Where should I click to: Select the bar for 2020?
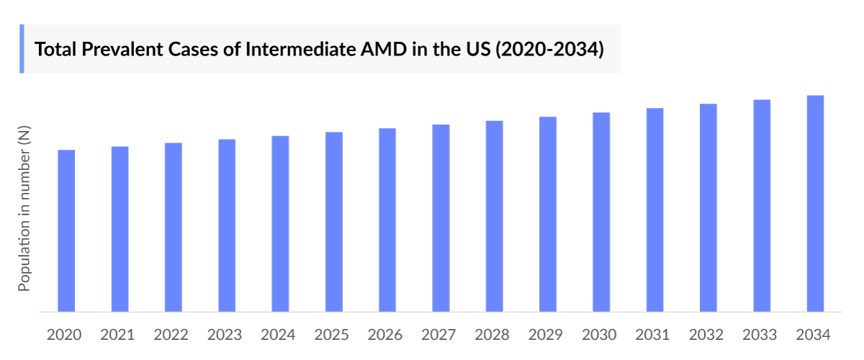click(66, 231)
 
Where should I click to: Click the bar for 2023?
click(227, 225)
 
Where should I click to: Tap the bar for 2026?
click(387, 220)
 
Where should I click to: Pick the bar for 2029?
click(548, 215)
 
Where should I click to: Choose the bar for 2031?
click(655, 210)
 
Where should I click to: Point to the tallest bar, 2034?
click(815, 204)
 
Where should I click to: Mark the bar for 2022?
click(174, 228)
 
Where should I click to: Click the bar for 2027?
click(441, 218)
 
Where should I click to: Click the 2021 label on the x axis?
click(118, 335)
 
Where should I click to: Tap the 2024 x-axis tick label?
click(279, 335)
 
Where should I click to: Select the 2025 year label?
click(332, 335)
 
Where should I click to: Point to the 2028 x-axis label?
click(492, 335)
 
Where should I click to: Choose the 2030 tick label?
click(600, 335)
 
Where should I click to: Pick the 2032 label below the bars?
click(706, 335)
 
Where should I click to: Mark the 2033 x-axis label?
click(760, 335)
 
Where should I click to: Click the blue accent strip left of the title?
click(22, 48)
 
